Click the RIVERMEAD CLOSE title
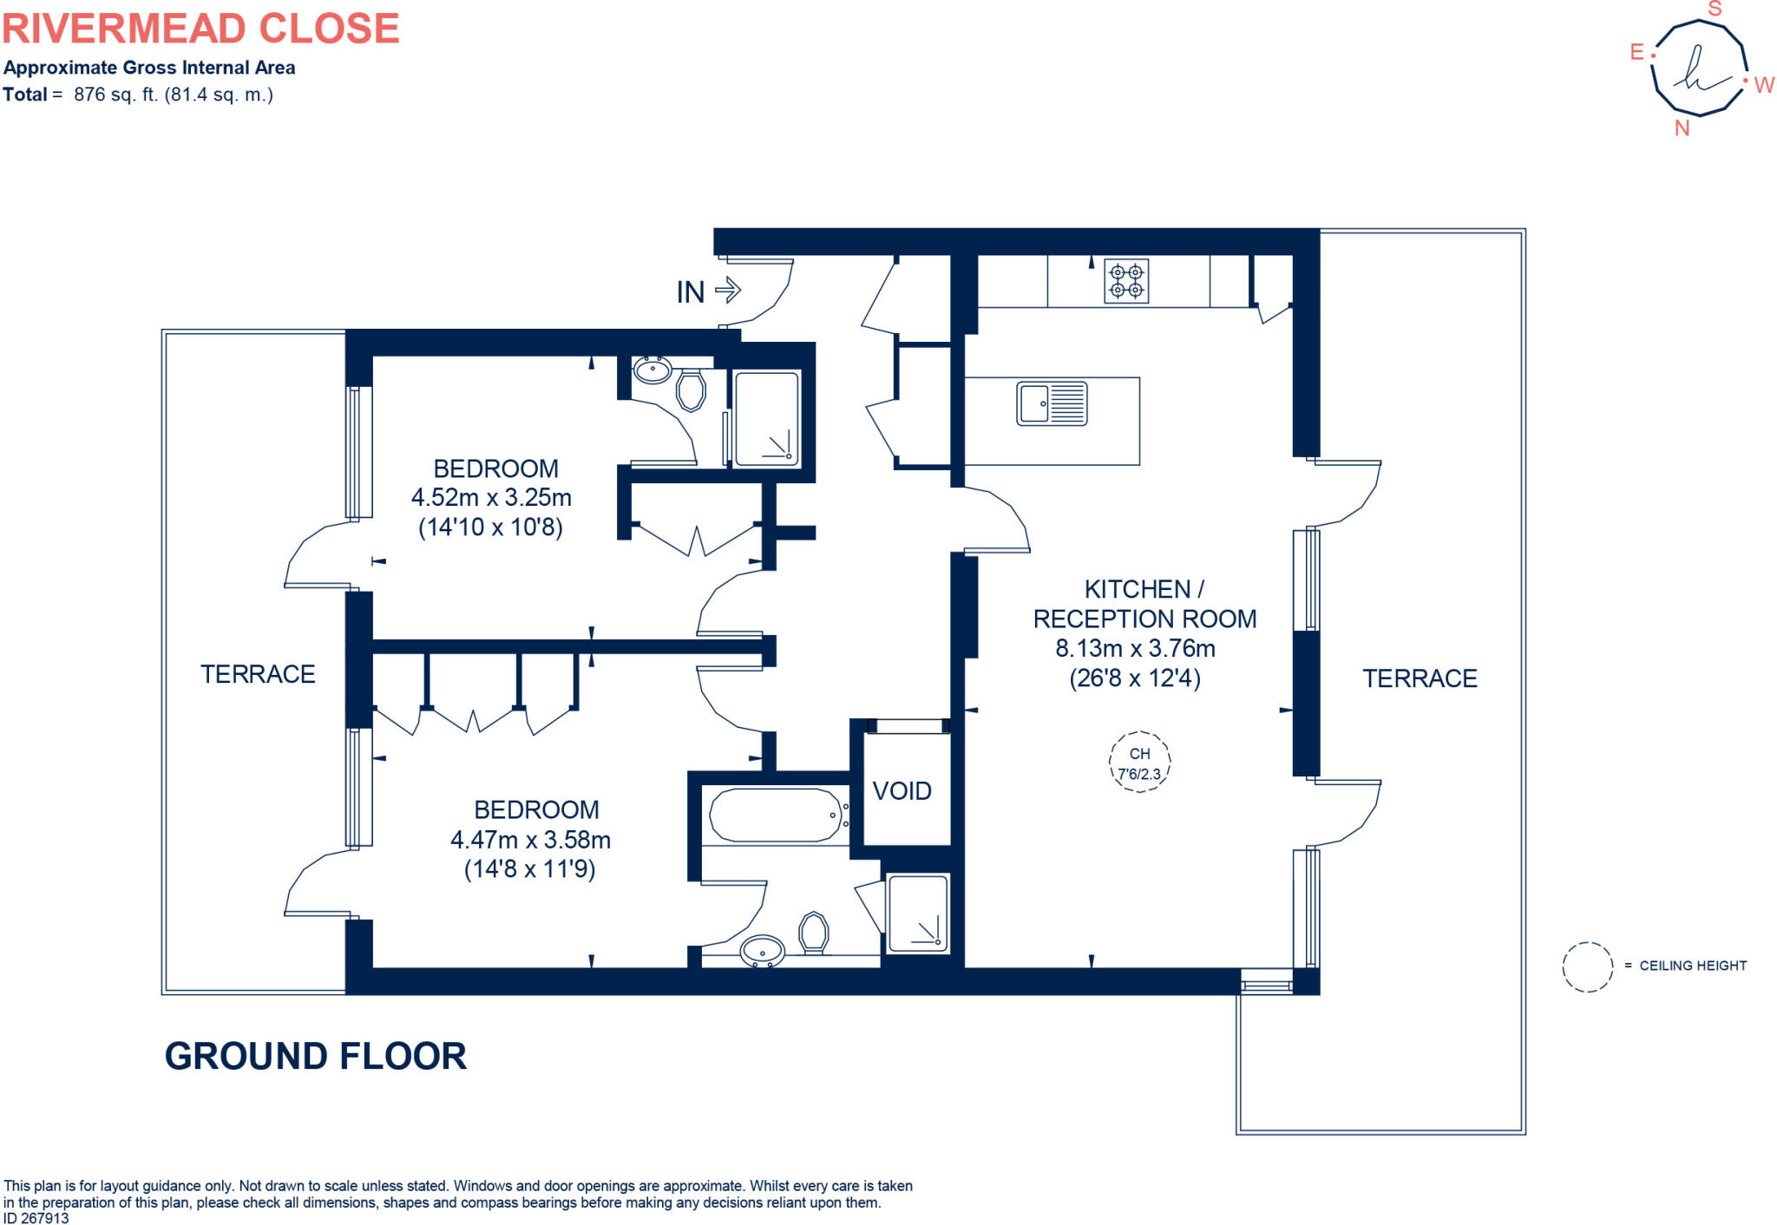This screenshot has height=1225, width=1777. (x=200, y=29)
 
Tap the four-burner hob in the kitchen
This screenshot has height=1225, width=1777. (x=1126, y=281)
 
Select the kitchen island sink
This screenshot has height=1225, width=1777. (x=1052, y=404)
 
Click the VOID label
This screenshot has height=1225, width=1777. (x=902, y=791)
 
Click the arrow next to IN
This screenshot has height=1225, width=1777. (x=728, y=290)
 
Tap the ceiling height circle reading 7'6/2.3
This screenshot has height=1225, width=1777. (x=1139, y=762)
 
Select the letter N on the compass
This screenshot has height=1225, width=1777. (x=1682, y=128)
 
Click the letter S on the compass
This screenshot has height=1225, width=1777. (x=1715, y=10)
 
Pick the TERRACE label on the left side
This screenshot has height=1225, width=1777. (x=258, y=674)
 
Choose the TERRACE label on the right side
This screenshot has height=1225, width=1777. (x=1420, y=678)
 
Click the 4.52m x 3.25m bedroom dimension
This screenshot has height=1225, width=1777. (x=491, y=498)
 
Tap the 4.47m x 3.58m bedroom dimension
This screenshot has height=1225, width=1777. (x=530, y=840)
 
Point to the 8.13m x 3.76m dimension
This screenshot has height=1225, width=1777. (x=1135, y=648)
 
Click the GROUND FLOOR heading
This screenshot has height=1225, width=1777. (x=316, y=1056)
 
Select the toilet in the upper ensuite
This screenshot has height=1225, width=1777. (x=691, y=390)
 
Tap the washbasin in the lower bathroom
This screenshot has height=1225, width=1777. (x=763, y=951)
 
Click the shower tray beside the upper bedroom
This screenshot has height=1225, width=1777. (x=766, y=419)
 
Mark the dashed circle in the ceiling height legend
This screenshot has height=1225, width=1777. (x=1587, y=966)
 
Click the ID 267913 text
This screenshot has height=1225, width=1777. (x=36, y=1218)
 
